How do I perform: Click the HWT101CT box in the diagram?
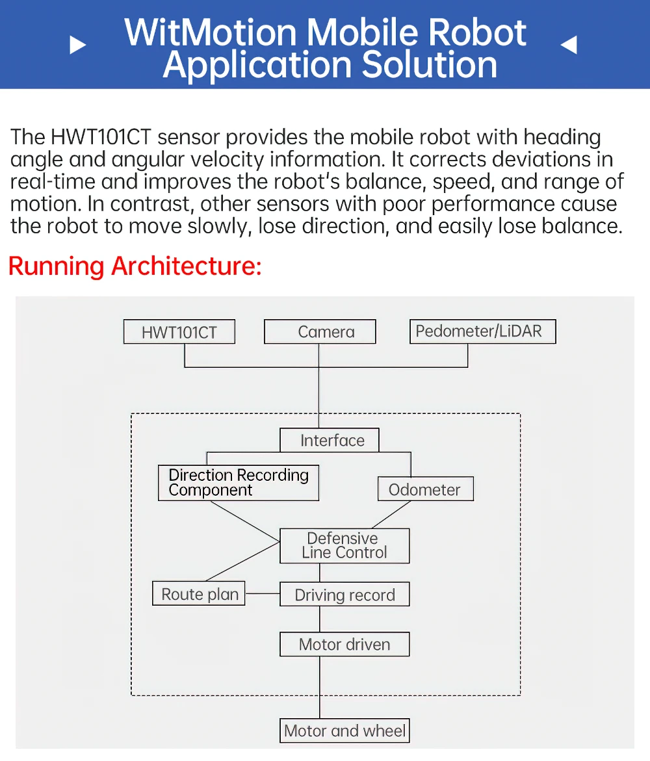(x=179, y=331)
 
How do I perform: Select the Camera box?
(x=320, y=331)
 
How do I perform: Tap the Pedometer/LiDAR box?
(x=482, y=331)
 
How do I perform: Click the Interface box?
(x=330, y=440)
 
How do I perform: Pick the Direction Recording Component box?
(x=239, y=483)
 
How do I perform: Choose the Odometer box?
(x=425, y=489)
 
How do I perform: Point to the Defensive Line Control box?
(x=344, y=545)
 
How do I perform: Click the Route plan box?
(x=198, y=593)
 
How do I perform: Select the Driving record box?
(x=344, y=594)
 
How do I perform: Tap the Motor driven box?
(x=344, y=644)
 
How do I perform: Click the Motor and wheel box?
(x=344, y=730)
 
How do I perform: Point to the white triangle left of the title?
(x=77, y=45)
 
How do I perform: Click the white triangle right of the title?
(x=569, y=45)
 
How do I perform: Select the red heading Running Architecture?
(x=135, y=266)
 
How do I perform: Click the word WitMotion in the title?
(x=210, y=32)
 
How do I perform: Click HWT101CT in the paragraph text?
(x=101, y=137)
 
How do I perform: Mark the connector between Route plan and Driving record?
(x=263, y=593)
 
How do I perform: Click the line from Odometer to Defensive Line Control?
(x=391, y=515)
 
